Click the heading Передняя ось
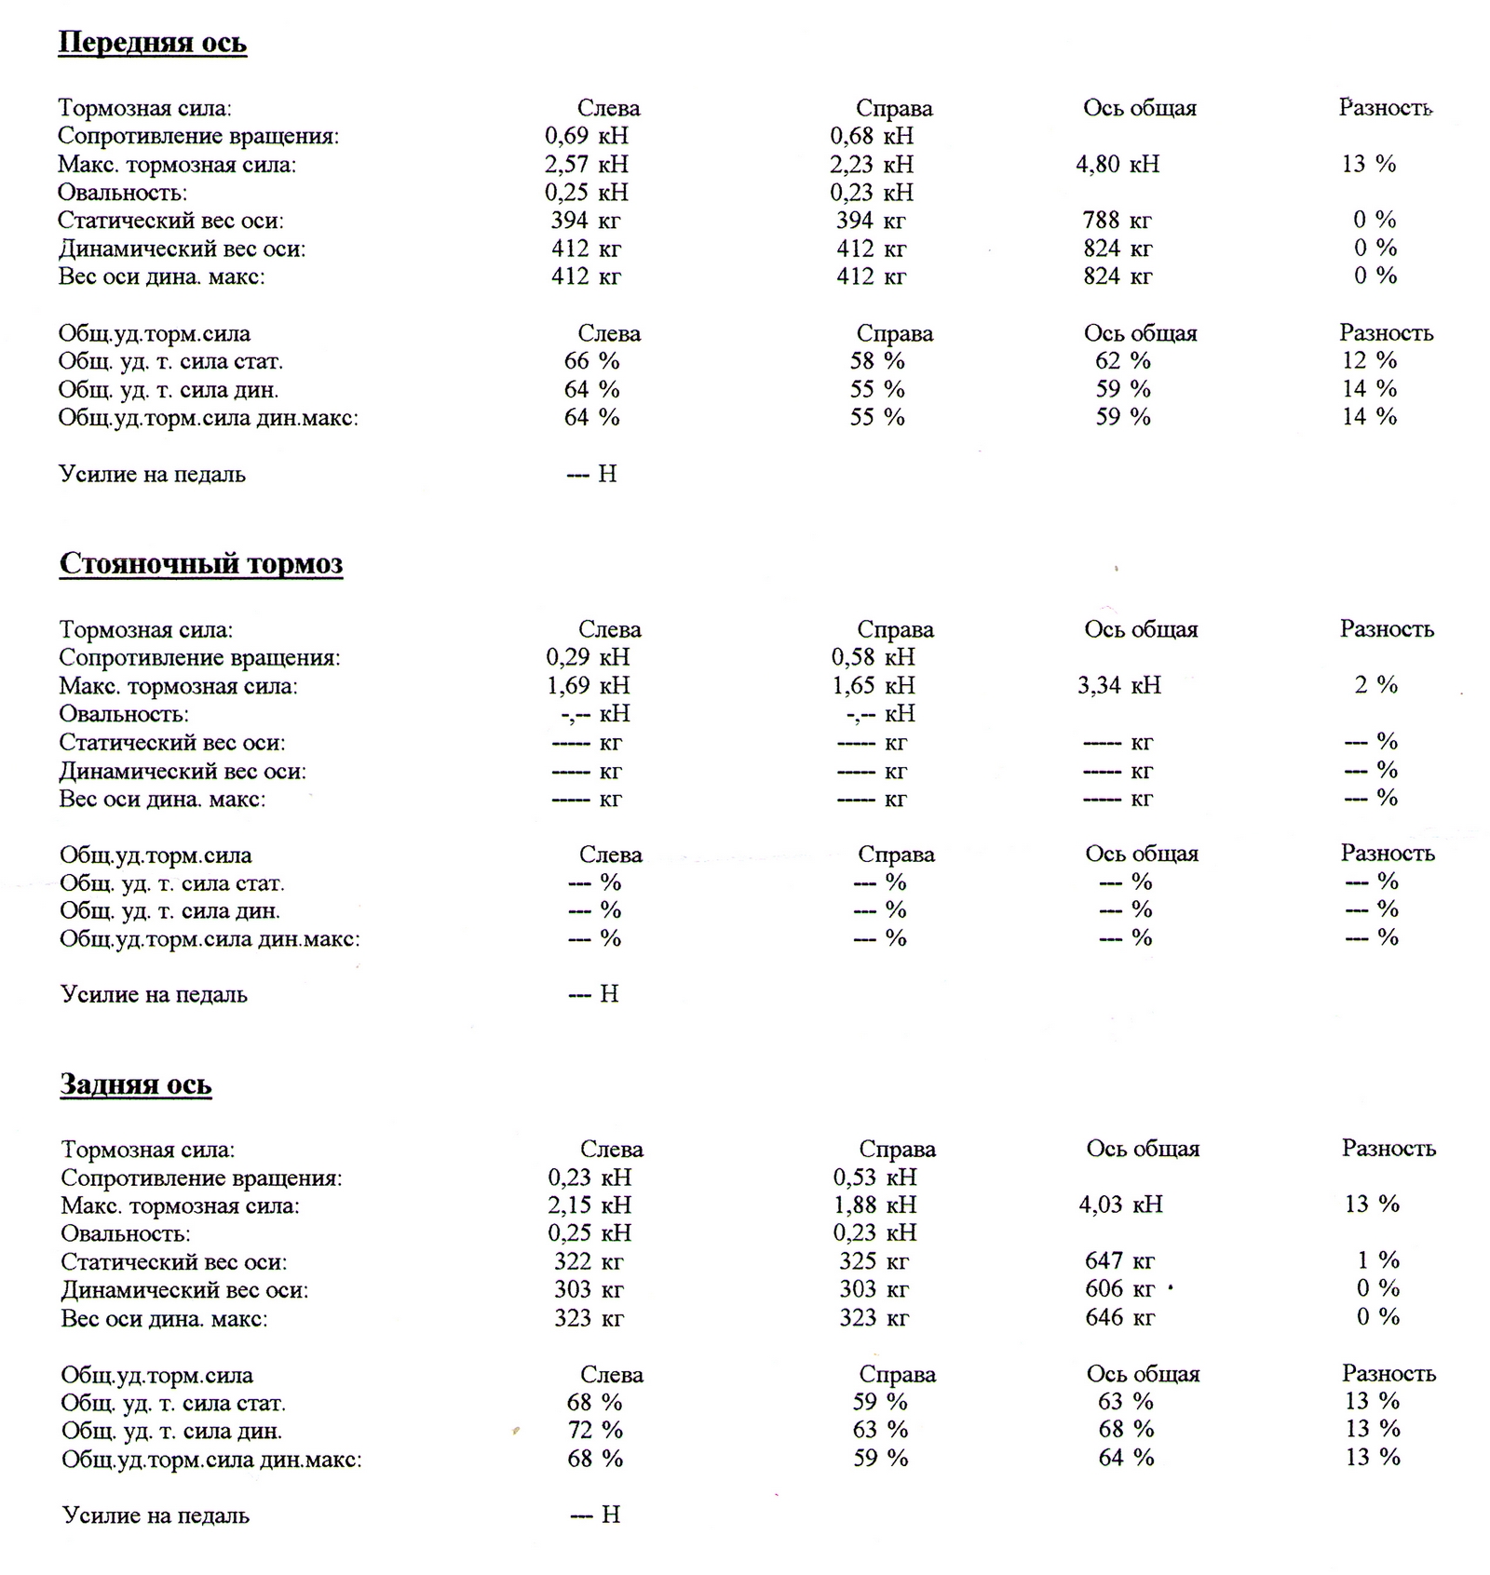[152, 43]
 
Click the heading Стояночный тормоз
[201, 563]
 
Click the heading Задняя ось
[136, 1084]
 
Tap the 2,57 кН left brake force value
[587, 165]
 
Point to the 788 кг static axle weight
[1117, 221]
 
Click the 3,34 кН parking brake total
[1119, 686]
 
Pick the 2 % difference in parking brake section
[1375, 685]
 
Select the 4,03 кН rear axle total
[1121, 1205]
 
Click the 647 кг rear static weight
[1119, 1261]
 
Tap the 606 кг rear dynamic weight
[1119, 1289]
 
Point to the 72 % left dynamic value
[595, 1430]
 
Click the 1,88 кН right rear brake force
[874, 1205]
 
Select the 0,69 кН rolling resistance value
[587, 136]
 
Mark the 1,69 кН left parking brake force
[588, 686]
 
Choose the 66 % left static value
[591, 361]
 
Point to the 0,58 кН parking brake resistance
[873, 657]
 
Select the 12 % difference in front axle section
[1369, 360]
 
